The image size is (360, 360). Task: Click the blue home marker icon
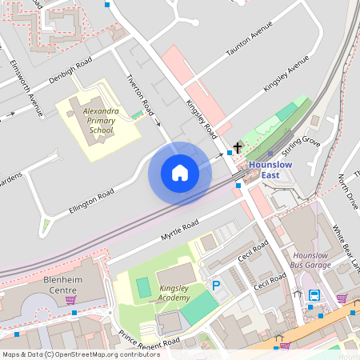(180, 173)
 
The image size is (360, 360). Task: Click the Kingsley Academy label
(174, 292)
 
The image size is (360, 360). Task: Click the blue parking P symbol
(216, 285)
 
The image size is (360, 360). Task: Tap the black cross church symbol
(238, 149)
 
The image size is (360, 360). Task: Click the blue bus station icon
(314, 295)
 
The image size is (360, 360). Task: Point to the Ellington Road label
(91, 198)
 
